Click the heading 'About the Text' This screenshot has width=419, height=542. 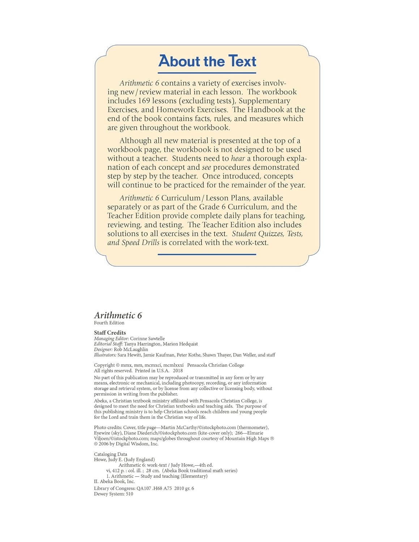click(x=207, y=61)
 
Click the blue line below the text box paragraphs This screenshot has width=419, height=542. click(x=207, y=254)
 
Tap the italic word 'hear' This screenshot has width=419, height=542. click(x=238, y=158)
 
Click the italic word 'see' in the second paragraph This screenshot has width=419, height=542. click(x=206, y=167)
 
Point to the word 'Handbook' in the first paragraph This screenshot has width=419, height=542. click(x=266, y=109)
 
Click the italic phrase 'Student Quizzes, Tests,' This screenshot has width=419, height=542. click(x=267, y=234)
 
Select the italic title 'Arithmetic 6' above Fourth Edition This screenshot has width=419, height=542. click(x=118, y=315)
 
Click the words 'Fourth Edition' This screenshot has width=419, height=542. click(x=109, y=323)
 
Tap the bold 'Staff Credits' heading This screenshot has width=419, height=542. click(x=110, y=333)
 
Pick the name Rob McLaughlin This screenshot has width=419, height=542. click(x=131, y=350)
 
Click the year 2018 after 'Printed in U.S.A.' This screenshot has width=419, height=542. click(x=178, y=371)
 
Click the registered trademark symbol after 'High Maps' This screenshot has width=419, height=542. click(x=272, y=439)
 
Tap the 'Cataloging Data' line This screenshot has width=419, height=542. click(x=110, y=455)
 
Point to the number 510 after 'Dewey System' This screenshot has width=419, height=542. click(x=129, y=494)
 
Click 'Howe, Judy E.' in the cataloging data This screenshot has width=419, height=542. click(x=108, y=460)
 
